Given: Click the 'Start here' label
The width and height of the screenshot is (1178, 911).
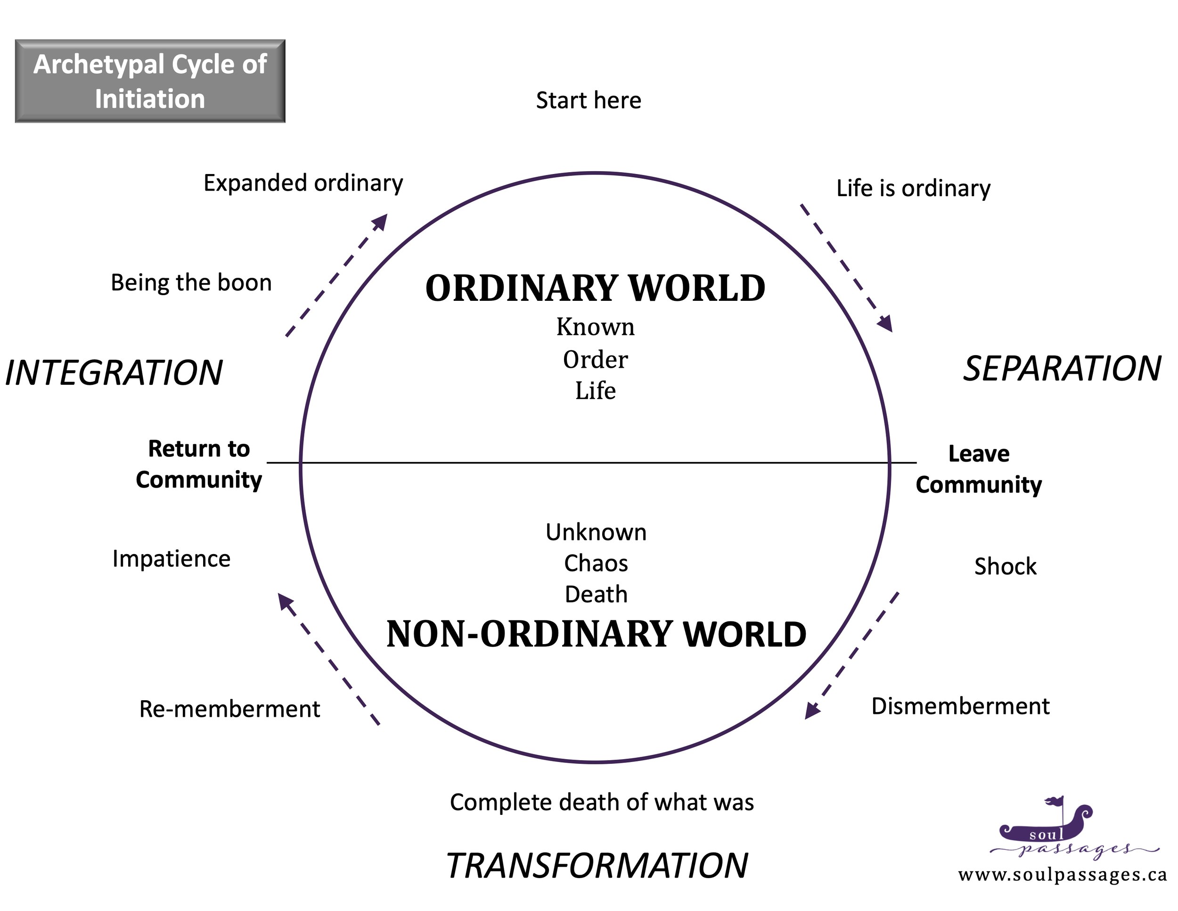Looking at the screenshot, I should pyautogui.click(x=589, y=100).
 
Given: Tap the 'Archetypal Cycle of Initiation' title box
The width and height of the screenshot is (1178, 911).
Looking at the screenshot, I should pyautogui.click(x=150, y=81).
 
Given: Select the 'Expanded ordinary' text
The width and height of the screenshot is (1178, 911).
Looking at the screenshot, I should pyautogui.click(x=303, y=183).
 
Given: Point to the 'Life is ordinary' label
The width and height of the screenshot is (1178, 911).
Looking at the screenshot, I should pyautogui.click(x=913, y=188).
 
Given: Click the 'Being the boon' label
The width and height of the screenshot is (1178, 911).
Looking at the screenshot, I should pyautogui.click(x=191, y=283).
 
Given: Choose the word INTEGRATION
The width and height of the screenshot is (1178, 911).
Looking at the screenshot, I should pyautogui.click(x=114, y=373).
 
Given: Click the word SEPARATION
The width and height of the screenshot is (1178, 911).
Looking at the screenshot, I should pyautogui.click(x=1062, y=369).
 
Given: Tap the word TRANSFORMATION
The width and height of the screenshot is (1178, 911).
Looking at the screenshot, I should pyautogui.click(x=597, y=866).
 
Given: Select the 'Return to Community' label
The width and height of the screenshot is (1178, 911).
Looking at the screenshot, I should pyautogui.click(x=198, y=464).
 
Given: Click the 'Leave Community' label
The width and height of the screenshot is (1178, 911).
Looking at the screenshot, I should pyautogui.click(x=978, y=469).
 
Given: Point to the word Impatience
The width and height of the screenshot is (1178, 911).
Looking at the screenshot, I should pyautogui.click(x=171, y=559).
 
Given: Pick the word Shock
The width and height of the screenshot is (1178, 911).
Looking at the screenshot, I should pyautogui.click(x=1005, y=567).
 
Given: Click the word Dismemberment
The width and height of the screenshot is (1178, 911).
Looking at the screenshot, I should pyautogui.click(x=960, y=706).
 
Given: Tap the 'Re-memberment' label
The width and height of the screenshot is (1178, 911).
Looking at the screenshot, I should pyautogui.click(x=229, y=709).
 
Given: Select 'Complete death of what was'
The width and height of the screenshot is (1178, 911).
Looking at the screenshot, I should pyautogui.click(x=601, y=803).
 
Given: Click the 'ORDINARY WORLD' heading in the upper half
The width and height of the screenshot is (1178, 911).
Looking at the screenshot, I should pyautogui.click(x=595, y=288).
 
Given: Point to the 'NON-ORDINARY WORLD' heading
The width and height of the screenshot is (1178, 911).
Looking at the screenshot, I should pyautogui.click(x=596, y=634).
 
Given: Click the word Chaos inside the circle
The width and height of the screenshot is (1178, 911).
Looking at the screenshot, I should pyautogui.click(x=596, y=563).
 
